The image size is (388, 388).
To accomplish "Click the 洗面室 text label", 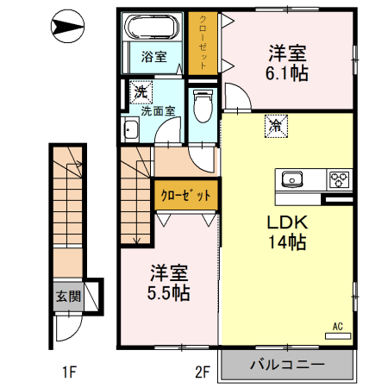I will tap(158, 110).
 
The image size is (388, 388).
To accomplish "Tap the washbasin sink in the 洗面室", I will tap(132, 131).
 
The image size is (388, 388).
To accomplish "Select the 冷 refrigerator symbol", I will tap(277, 126).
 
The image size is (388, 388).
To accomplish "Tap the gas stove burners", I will tap(339, 179).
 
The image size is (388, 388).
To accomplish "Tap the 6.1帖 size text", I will tap(288, 73).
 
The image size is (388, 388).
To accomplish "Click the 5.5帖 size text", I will tap(168, 291).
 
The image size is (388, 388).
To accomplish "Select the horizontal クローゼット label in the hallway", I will tap(185, 195).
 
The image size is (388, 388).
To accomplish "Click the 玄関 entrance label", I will tap(69, 297).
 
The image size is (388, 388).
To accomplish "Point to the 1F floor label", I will tap(69, 372).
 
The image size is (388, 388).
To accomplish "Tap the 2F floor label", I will tap(203, 372).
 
